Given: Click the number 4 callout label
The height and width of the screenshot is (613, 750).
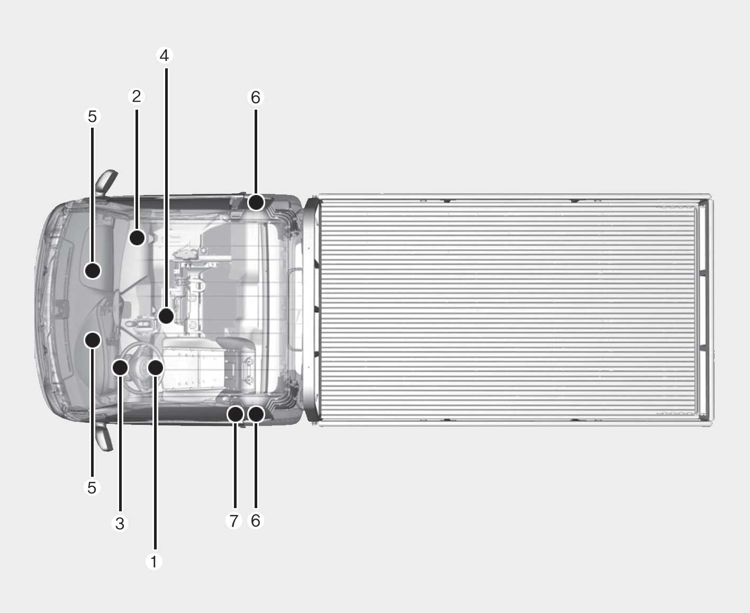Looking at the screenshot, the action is click(x=164, y=56).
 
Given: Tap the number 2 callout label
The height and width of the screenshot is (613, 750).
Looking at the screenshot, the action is click(x=137, y=96).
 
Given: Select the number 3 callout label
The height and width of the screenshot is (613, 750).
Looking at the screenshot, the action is click(x=120, y=523).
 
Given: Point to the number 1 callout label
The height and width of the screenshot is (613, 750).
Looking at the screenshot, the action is click(x=154, y=562).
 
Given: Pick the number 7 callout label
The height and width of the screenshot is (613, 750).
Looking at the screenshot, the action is click(x=234, y=520).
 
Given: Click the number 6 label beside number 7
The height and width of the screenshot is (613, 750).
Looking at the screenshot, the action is click(x=256, y=520).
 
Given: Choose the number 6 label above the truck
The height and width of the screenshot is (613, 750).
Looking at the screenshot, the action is click(x=256, y=97).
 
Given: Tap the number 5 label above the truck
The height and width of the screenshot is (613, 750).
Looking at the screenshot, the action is click(x=92, y=116).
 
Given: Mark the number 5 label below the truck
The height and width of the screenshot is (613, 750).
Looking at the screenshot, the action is click(x=92, y=487).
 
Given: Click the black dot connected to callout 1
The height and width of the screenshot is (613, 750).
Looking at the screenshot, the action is click(x=156, y=367).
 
